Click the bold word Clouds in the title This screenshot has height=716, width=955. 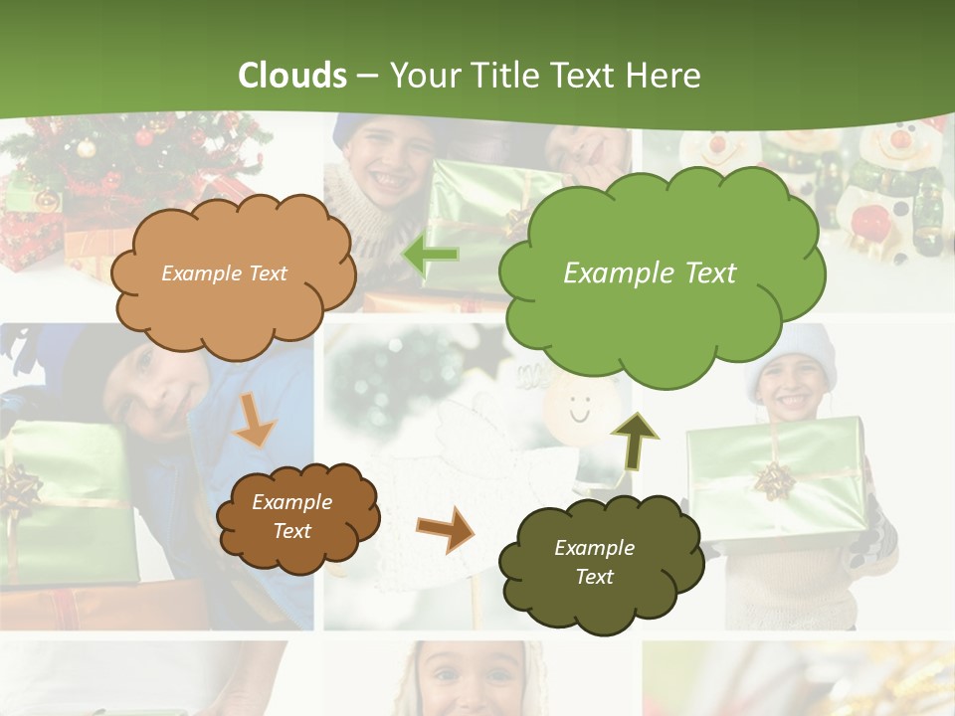tap(292, 76)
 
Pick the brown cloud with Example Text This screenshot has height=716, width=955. tap(296, 516)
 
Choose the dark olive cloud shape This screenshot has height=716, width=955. tap(598, 562)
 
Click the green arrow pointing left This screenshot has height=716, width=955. tap(430, 255)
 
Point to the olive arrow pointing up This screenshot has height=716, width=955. tap(634, 440)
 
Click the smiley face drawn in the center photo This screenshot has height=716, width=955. tap(578, 407)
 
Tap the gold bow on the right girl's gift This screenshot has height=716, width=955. tap(773, 481)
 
